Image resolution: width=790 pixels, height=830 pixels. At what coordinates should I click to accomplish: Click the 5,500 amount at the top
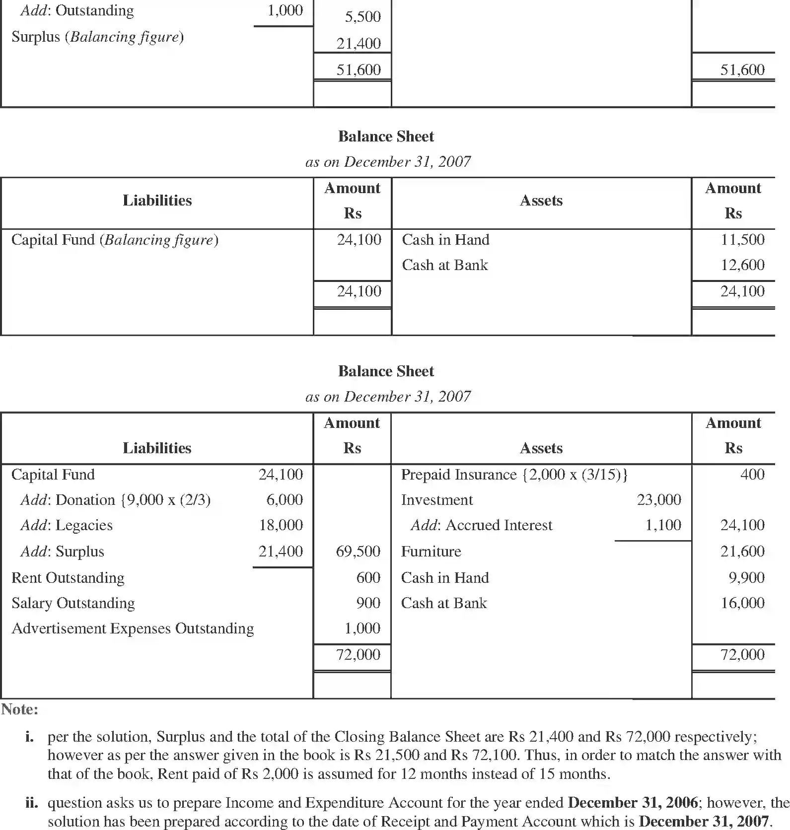pyautogui.click(x=362, y=17)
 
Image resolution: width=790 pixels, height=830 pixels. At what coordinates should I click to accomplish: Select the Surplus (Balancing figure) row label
pyautogui.click(x=97, y=37)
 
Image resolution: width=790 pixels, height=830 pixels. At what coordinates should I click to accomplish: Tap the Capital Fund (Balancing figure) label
pyautogui.click(x=115, y=240)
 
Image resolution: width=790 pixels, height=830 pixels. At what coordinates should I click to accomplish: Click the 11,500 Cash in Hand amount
pyautogui.click(x=742, y=240)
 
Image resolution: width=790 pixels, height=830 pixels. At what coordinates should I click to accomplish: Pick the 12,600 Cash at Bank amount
pyautogui.click(x=742, y=265)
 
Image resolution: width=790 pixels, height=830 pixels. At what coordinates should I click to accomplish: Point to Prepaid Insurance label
pyautogui.click(x=514, y=475)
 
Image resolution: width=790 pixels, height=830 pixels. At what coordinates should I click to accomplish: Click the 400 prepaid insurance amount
pyautogui.click(x=752, y=475)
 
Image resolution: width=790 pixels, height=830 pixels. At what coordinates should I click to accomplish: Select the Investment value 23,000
pyautogui.click(x=659, y=500)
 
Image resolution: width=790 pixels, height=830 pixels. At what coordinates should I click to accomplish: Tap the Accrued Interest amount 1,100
pyautogui.click(x=663, y=525)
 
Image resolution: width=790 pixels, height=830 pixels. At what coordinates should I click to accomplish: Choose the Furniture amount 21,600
pyautogui.click(x=742, y=552)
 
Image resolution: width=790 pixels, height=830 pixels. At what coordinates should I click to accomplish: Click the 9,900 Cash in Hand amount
pyautogui.click(x=746, y=578)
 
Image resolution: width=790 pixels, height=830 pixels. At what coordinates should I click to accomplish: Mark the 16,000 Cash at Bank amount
pyautogui.click(x=742, y=603)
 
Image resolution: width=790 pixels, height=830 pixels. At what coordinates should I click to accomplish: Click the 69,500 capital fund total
pyautogui.click(x=358, y=552)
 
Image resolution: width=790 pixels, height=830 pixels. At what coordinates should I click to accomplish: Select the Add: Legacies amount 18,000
pyautogui.click(x=281, y=525)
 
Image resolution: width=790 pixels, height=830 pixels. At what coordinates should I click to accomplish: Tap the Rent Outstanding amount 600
pyautogui.click(x=368, y=578)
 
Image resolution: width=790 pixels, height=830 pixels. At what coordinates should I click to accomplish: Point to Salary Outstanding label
pyautogui.click(x=73, y=603)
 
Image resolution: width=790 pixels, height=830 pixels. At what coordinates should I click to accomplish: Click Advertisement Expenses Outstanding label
pyautogui.click(x=133, y=628)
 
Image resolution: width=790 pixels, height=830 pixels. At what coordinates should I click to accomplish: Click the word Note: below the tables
pyautogui.click(x=20, y=709)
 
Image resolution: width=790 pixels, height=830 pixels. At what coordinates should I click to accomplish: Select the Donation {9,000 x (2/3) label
pyautogui.click(x=115, y=500)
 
